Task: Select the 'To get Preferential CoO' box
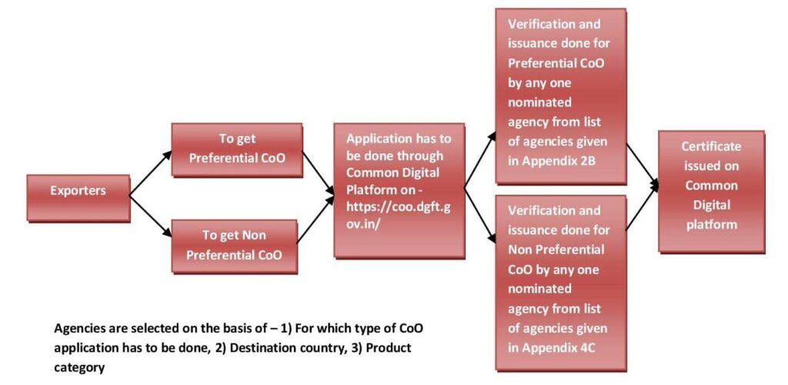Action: pos(236,149)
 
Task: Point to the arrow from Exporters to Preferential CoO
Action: pos(150,172)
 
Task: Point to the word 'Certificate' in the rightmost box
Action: pos(711,146)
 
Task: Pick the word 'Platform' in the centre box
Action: pos(372,189)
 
